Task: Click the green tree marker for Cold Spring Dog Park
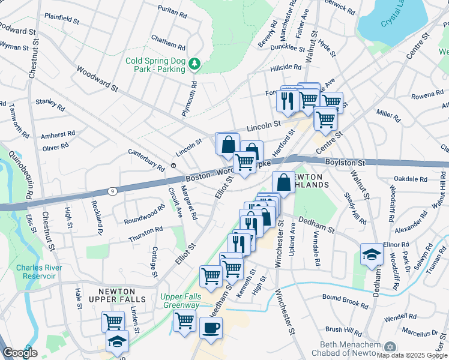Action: click(x=194, y=63)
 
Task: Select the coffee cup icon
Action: click(x=211, y=328)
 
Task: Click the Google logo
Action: click(x=20, y=353)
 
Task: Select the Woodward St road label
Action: click(x=97, y=79)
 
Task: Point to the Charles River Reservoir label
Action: click(x=36, y=272)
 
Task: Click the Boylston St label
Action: click(x=345, y=163)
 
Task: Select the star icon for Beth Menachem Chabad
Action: click(x=390, y=347)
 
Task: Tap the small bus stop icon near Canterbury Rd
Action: click(x=173, y=165)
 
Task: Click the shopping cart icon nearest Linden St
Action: click(x=113, y=321)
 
